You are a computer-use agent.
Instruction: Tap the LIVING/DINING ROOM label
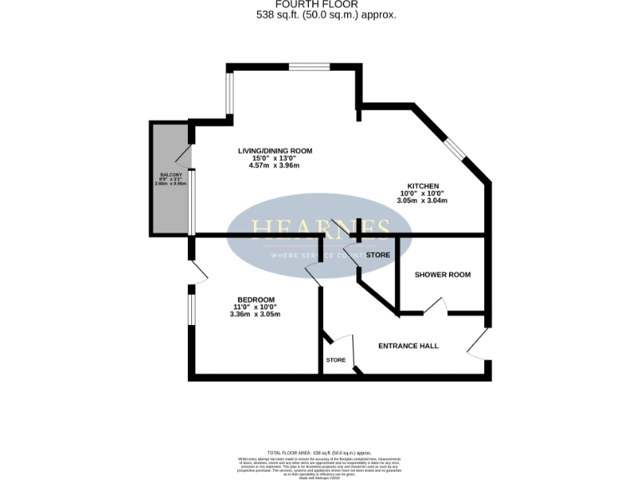click(275, 151)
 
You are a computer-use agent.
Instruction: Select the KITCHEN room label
click(422, 186)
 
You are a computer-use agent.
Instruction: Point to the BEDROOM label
click(255, 300)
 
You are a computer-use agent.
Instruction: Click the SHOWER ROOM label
click(442, 274)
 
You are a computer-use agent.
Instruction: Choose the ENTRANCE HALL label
click(408, 346)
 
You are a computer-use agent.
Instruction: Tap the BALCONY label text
click(169, 174)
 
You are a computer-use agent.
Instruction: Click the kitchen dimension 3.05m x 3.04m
click(422, 201)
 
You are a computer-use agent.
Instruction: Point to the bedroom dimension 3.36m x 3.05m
click(255, 314)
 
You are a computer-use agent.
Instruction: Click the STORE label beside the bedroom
click(336, 360)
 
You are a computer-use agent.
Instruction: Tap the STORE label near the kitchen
click(377, 255)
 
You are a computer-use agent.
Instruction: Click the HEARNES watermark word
click(320, 228)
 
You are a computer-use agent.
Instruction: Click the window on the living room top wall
click(310, 66)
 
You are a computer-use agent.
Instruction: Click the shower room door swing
click(436, 307)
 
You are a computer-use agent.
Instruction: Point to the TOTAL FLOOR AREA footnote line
click(320, 452)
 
